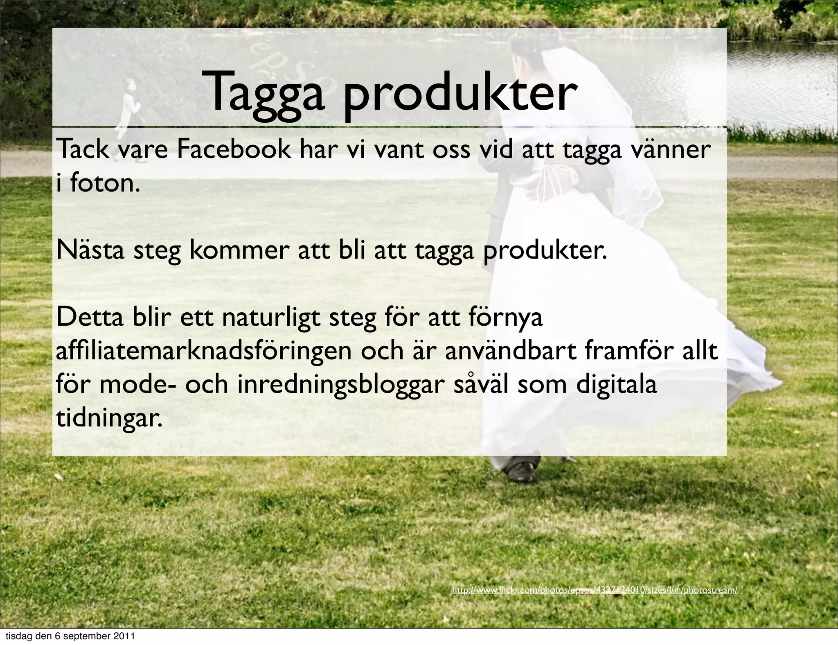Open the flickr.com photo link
pyautogui.click(x=595, y=591)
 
